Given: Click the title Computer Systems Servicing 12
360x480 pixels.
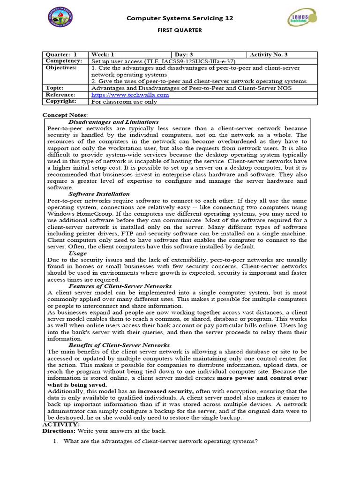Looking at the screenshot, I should coord(180,18).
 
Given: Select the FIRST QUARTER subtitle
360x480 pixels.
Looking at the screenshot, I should coord(180,30).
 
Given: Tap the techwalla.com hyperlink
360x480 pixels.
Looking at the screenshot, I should coord(130,95).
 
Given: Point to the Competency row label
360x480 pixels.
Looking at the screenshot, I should coord(64,61).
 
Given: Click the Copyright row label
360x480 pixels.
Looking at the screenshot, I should coord(61,101).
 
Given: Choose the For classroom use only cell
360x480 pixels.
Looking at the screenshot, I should coord(124,102).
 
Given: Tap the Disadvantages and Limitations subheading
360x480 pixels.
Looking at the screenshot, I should coord(113,122).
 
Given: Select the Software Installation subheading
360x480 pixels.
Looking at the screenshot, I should coord(99,194).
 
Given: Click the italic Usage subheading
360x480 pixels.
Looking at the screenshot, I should coord(77,253).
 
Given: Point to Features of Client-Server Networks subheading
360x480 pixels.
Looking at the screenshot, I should coord(120,286).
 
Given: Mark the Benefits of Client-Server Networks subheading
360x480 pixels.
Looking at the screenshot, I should coord(119,345).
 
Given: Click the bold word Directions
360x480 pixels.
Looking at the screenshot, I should coord(59,430).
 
